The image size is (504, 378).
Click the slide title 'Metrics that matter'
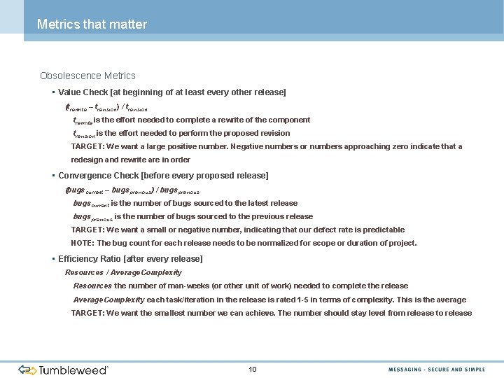click(x=92, y=24)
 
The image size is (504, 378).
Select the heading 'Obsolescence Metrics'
click(x=87, y=76)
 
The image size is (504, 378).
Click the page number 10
click(x=253, y=369)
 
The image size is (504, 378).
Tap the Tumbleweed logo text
click(x=73, y=370)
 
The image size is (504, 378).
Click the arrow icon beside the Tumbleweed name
click(x=27, y=370)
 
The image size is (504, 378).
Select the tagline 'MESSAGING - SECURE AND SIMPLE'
click(x=437, y=370)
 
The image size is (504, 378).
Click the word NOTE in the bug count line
click(x=82, y=243)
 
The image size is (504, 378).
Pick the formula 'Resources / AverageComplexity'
click(x=123, y=272)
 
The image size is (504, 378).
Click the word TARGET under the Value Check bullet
click(x=87, y=146)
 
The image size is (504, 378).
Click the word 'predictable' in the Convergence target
click(x=382, y=230)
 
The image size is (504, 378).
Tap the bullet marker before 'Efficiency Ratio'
click(x=52, y=259)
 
